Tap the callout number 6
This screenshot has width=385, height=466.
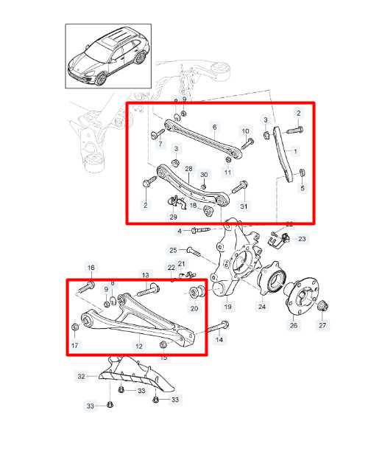click(x=215, y=127)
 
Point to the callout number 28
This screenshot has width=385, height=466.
click(x=189, y=170)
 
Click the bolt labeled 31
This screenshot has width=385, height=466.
click(x=239, y=189)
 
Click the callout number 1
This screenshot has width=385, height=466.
click(x=296, y=151)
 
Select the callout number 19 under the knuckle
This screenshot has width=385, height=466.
click(x=228, y=306)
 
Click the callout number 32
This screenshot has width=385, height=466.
click(x=82, y=376)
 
